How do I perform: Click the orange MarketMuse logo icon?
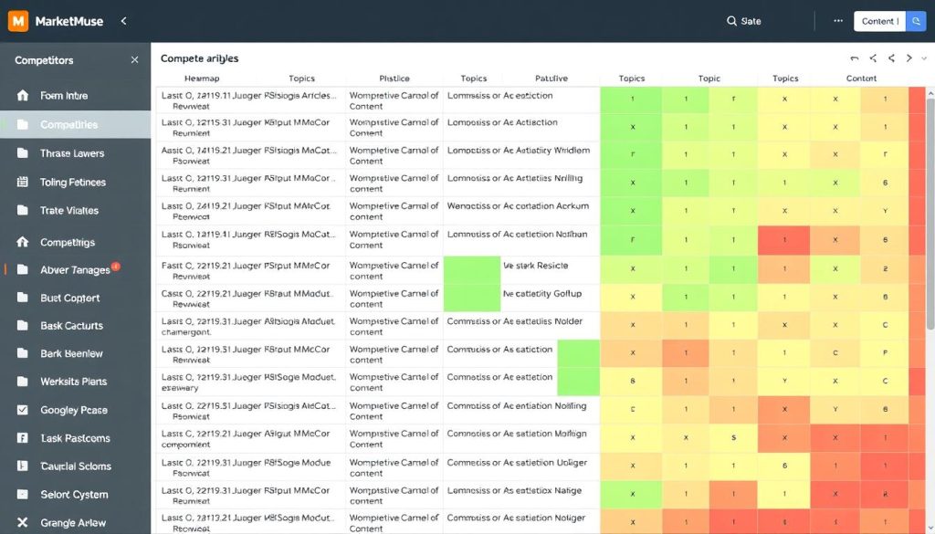18,20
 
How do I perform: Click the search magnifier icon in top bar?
731,21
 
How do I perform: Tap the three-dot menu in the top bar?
838,21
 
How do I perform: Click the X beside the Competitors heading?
135,60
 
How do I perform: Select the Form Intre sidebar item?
64,96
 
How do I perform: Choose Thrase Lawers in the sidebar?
71,153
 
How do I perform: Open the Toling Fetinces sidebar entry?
72,183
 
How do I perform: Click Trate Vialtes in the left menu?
68,211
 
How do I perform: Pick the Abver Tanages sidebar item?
74,269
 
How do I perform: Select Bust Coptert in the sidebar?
69,298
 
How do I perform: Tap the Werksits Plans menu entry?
73,382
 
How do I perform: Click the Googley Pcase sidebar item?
73,410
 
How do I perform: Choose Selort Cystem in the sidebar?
74,495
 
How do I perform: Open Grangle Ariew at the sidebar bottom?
72,523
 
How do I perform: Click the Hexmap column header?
202,79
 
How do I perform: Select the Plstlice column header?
394,79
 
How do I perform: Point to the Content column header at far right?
861,79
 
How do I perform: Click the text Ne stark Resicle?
535,266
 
